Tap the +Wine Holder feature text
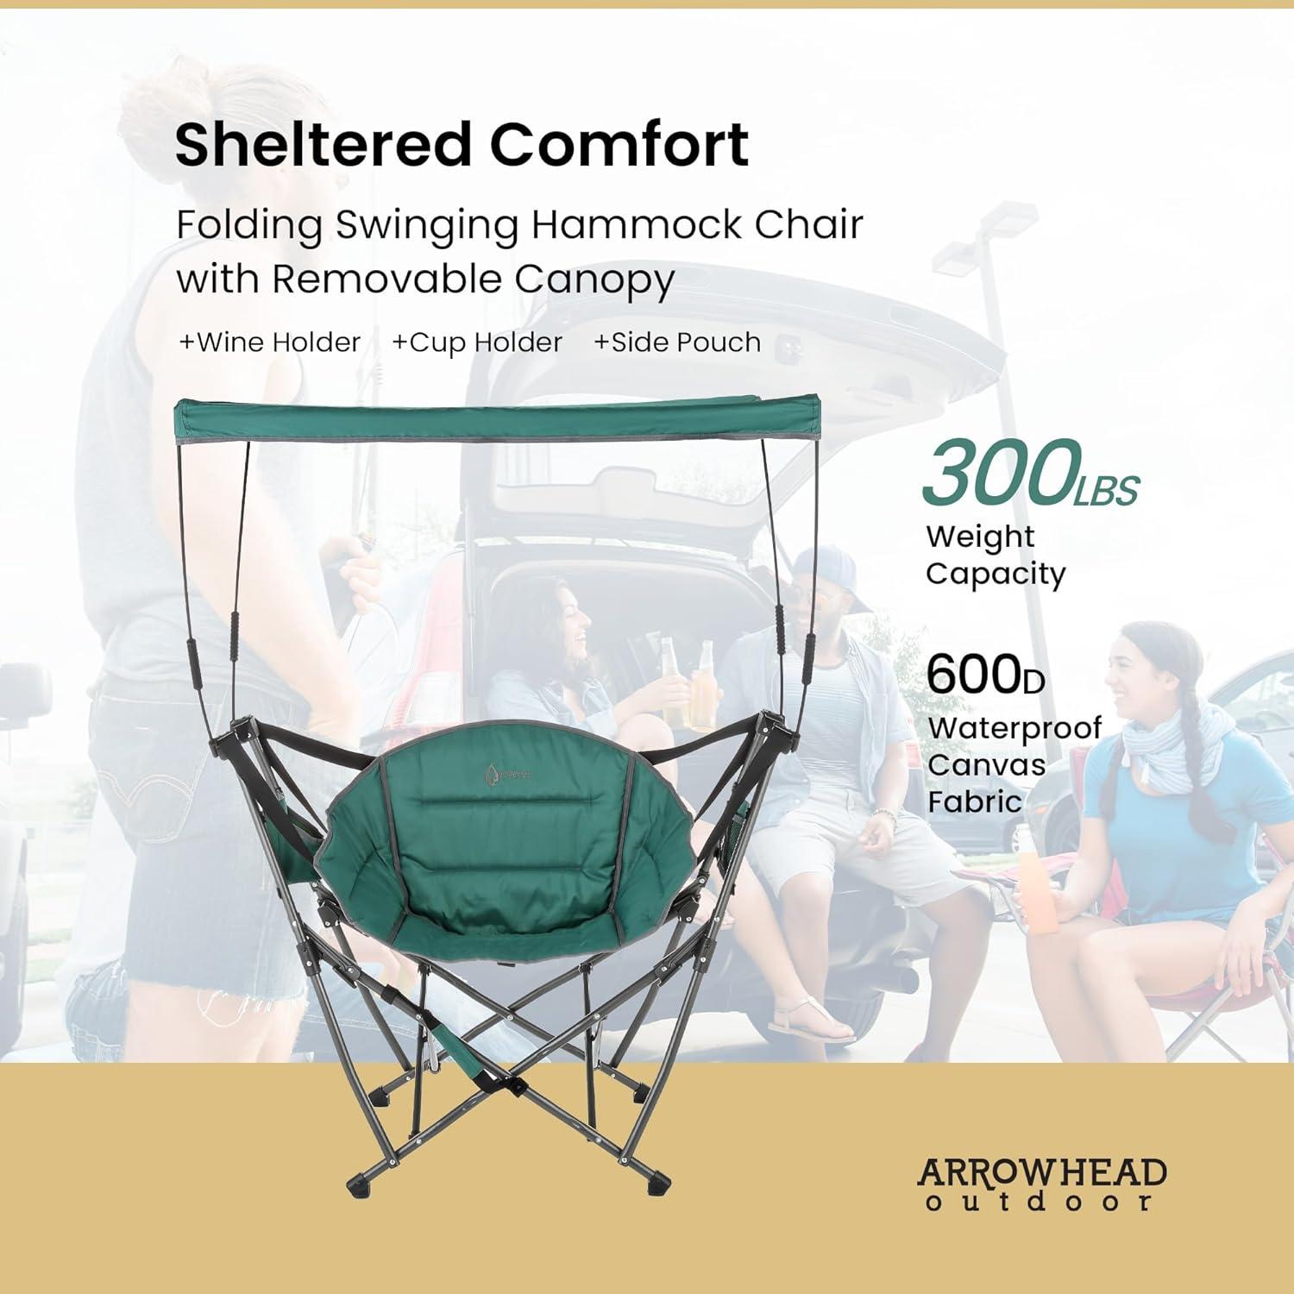tap(269, 342)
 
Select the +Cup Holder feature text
tap(477, 342)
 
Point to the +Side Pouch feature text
tap(677, 342)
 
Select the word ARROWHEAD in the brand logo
tap(1042, 1173)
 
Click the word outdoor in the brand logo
tap(1039, 1202)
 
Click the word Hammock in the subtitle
tap(637, 224)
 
